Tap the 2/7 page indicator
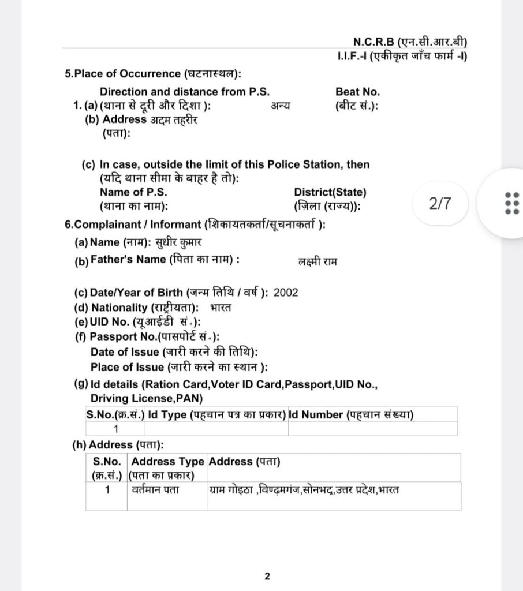click(x=439, y=204)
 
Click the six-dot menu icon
click(x=511, y=204)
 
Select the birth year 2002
click(x=286, y=292)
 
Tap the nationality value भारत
click(x=221, y=307)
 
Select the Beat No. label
click(x=357, y=92)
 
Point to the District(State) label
click(x=330, y=192)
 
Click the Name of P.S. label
click(x=129, y=192)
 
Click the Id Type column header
click(x=216, y=414)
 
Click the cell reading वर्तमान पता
click(x=155, y=490)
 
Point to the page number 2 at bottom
click(x=267, y=576)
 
